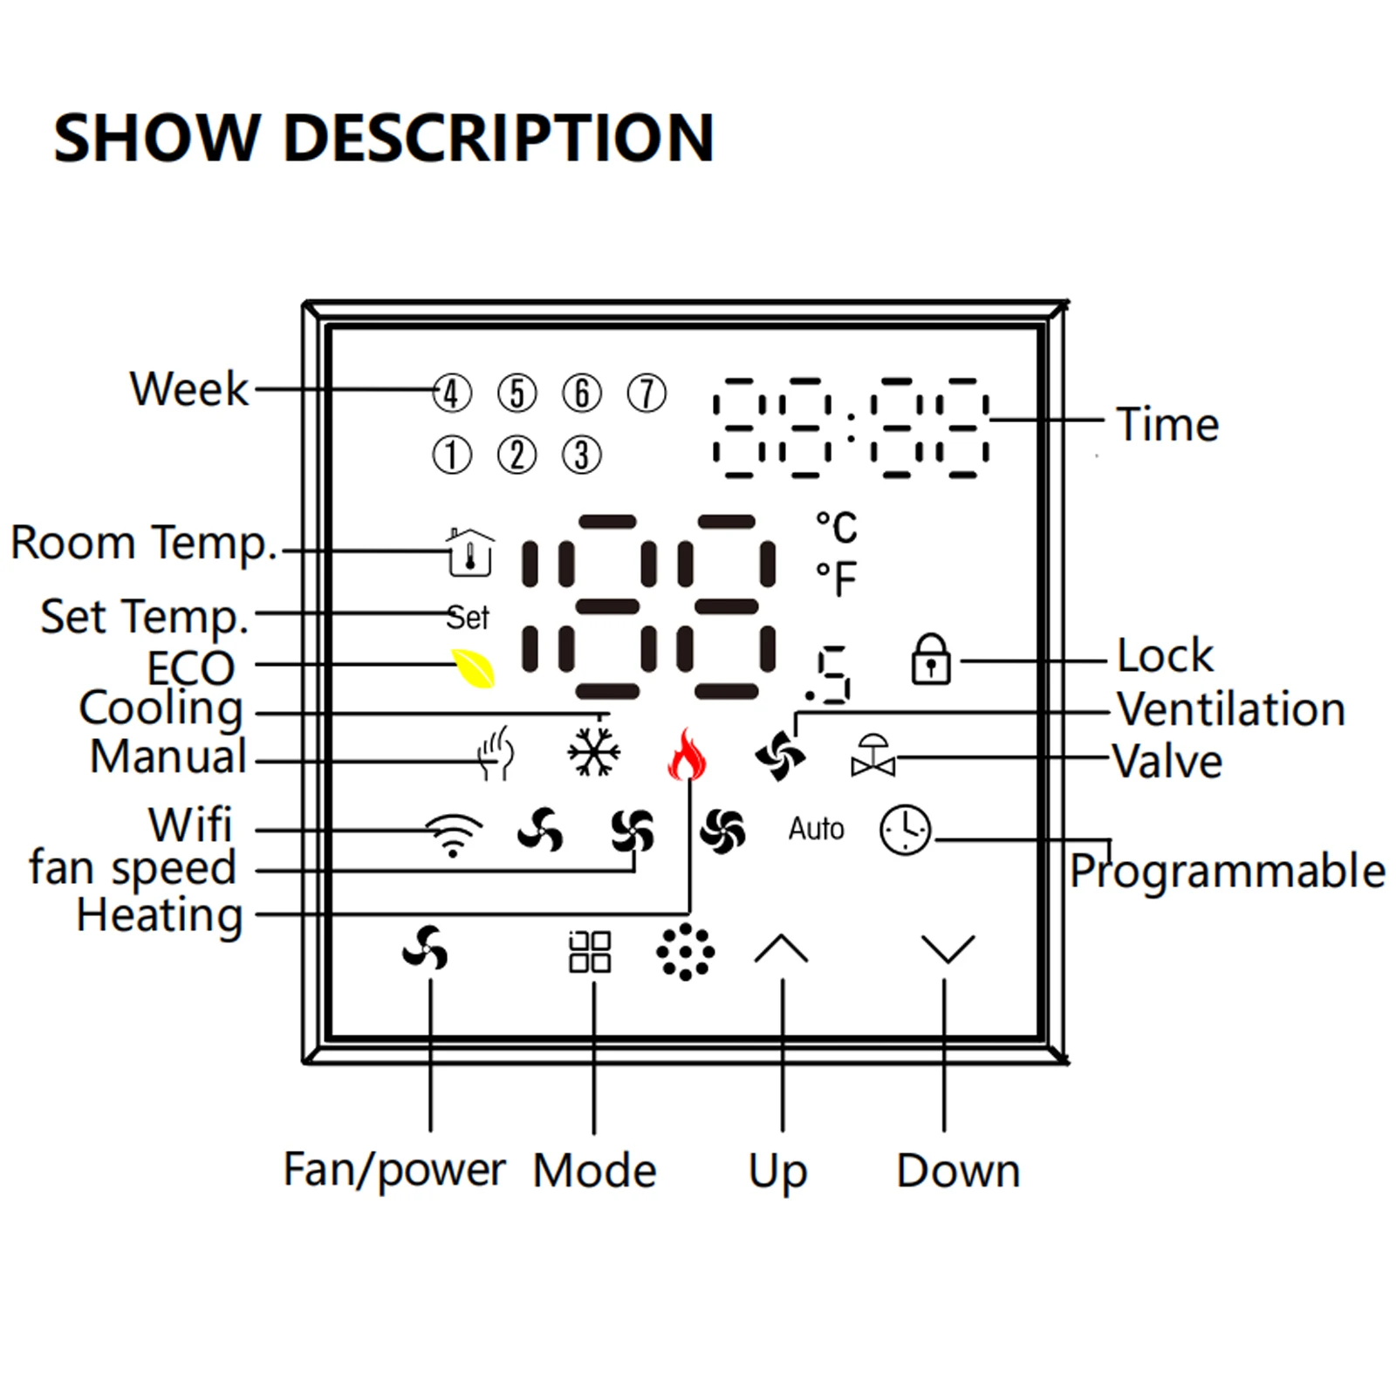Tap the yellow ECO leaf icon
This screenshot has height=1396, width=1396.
coord(473,668)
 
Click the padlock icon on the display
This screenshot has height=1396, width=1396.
coord(931,659)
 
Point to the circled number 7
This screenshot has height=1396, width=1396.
coord(647,393)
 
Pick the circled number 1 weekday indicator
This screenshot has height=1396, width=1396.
coord(452,455)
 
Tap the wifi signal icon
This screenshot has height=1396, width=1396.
coord(453,835)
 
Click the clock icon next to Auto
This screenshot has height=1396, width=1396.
coord(906,830)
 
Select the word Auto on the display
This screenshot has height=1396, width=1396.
coord(817,829)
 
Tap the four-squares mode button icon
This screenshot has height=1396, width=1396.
coord(590,951)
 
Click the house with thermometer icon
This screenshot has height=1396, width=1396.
coord(470,552)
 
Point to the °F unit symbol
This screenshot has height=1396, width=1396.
coord(837,578)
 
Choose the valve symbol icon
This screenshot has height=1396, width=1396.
coord(873,756)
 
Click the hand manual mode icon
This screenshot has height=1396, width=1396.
coord(496,753)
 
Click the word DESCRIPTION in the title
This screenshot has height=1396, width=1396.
coord(499,138)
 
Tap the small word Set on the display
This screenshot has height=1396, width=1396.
coord(468,618)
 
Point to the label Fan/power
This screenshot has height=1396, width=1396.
coord(394,1171)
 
